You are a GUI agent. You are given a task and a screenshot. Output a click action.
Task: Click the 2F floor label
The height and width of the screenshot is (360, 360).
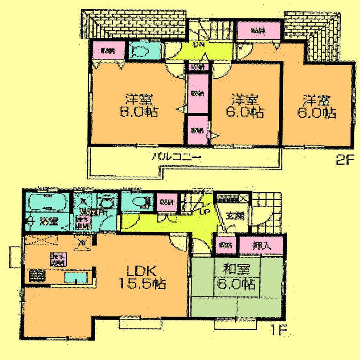pyautogui.click(x=345, y=161)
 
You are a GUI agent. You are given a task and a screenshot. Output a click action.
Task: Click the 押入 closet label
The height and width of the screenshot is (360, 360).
pyautogui.click(x=262, y=245)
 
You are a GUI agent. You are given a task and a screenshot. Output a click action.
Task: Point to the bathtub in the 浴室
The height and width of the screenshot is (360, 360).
pyautogui.click(x=47, y=203)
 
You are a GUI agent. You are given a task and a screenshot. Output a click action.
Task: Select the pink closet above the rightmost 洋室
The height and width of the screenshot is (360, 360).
pyautogui.click(x=258, y=30)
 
